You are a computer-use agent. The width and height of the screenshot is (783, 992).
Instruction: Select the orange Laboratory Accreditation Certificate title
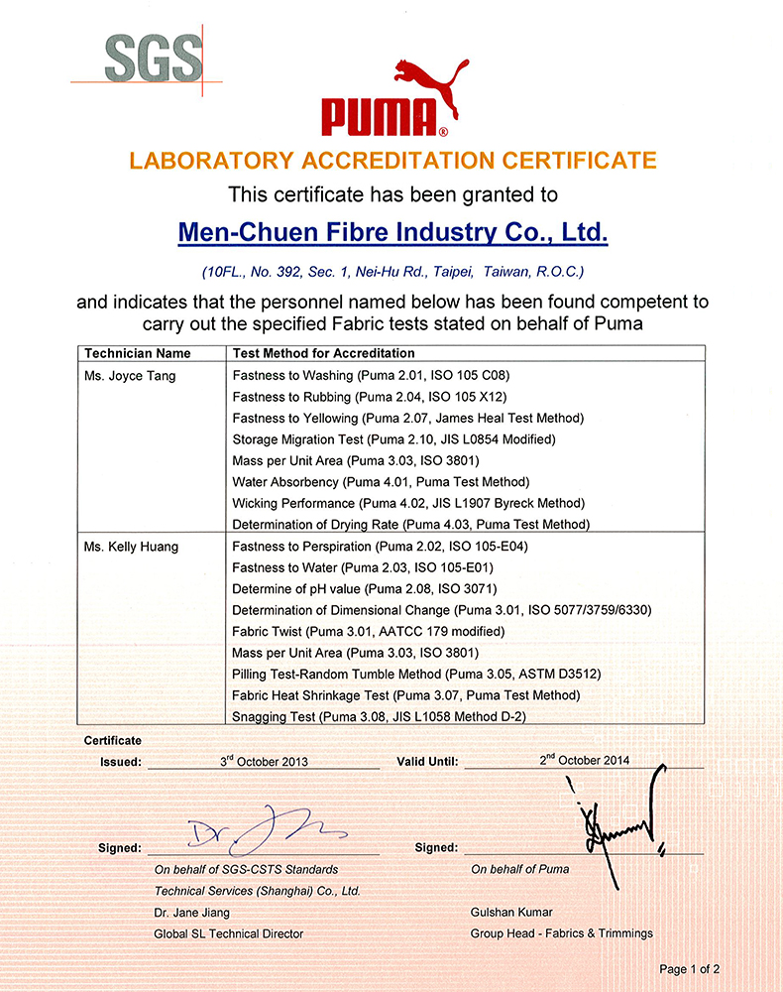[x=392, y=160]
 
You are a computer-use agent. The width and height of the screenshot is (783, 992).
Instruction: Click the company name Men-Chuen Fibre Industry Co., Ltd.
[x=392, y=232]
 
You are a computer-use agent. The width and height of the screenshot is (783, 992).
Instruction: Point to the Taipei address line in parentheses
[x=392, y=271]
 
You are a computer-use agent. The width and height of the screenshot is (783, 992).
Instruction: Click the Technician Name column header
[x=138, y=353]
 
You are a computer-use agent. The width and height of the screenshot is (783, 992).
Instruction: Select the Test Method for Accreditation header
[x=323, y=353]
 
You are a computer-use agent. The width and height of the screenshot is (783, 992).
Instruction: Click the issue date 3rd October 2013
[x=264, y=761]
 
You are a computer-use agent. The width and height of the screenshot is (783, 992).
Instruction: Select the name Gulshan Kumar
[x=511, y=912]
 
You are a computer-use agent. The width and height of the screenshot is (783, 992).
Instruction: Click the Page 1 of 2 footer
[x=690, y=969]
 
